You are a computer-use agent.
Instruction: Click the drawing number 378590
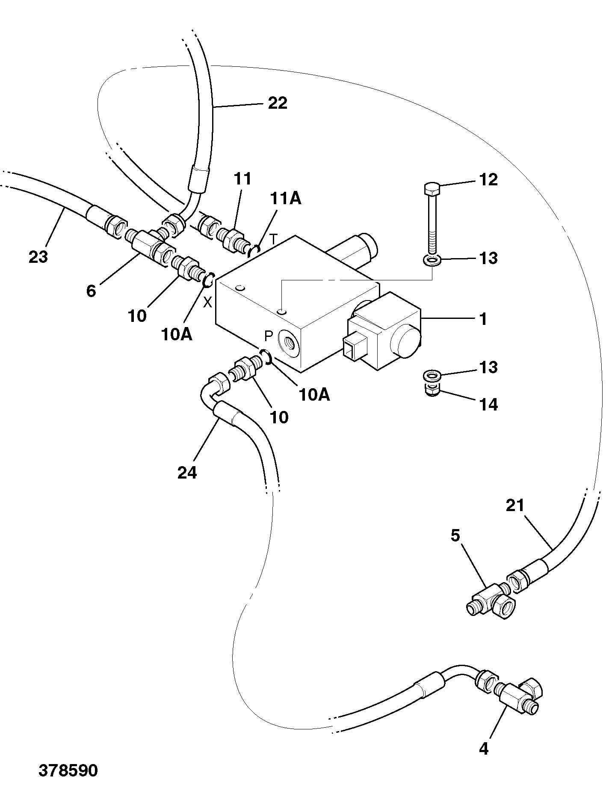pos(68,770)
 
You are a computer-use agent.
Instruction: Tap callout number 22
pos(278,103)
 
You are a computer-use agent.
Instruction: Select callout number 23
pos(38,257)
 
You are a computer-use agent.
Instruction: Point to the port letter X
pos(207,303)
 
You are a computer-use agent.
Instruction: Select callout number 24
pos(187,473)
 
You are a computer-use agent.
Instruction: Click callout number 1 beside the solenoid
pos(483,319)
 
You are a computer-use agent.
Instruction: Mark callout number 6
pos(91,291)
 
